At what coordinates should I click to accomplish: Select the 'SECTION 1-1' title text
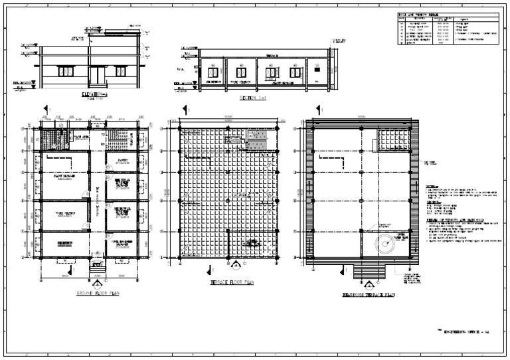click(254, 97)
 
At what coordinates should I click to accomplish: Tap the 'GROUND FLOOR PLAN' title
click(97, 292)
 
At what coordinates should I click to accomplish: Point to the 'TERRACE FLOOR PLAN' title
click(231, 282)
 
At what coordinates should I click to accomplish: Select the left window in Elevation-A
click(66, 70)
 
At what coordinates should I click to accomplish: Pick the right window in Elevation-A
click(122, 70)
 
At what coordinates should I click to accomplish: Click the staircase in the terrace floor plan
click(256, 141)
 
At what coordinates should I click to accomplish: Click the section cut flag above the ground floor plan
click(45, 108)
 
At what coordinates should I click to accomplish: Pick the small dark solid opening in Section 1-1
click(317, 68)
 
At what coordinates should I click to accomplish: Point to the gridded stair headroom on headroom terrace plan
click(392, 141)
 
